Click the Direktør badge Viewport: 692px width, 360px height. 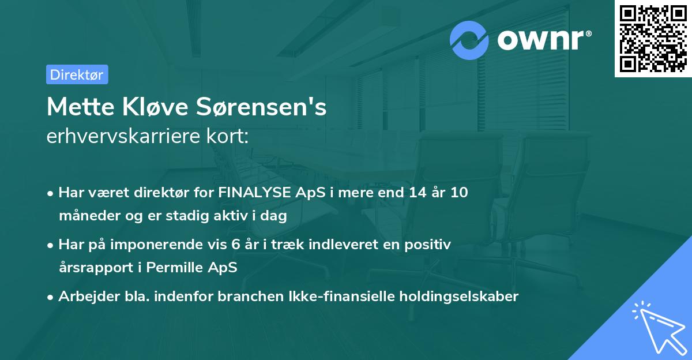[x=77, y=74]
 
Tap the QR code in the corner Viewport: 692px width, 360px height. [x=653, y=38]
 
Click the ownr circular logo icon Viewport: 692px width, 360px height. [x=469, y=40]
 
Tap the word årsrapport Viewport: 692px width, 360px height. [x=99, y=268]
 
